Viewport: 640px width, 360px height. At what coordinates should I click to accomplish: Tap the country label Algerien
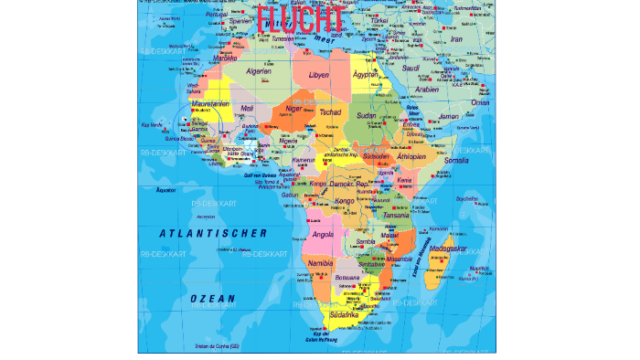coord(260,71)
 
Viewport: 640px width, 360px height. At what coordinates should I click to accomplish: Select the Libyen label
coord(319,76)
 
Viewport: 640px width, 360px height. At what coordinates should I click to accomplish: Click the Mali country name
coord(247,108)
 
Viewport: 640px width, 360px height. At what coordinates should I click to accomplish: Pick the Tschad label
coord(330,112)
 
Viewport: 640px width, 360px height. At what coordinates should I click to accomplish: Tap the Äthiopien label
coord(410,156)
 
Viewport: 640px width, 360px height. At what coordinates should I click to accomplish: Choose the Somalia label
coord(455,160)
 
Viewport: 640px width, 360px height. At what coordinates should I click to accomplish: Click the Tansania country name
coord(396,216)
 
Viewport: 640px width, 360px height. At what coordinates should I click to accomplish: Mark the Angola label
coord(324,234)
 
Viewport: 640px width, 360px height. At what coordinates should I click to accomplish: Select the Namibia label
coord(320,263)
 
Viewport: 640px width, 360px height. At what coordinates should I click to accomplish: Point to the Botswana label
coord(347,277)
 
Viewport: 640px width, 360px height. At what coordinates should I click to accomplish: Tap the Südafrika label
coord(356,313)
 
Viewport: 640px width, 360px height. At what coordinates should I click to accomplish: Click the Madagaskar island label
coord(448,249)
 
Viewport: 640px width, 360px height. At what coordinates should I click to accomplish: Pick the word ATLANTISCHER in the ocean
coord(213,233)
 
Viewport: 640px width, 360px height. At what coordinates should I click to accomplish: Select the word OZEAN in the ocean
coord(212,299)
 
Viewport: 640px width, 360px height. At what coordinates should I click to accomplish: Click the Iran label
coord(455,39)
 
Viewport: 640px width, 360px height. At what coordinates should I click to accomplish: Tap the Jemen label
coord(448,117)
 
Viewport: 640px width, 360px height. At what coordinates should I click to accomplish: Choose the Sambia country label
coord(365,241)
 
